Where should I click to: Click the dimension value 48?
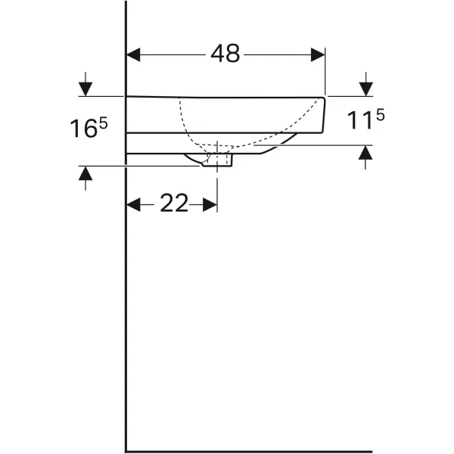click(225, 54)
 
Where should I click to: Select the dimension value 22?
click(173, 204)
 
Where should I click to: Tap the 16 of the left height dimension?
click(83, 129)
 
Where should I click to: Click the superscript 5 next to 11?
click(381, 115)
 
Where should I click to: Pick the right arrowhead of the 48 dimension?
click(317, 54)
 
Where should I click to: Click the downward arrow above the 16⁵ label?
click(86, 86)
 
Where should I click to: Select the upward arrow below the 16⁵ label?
click(86, 177)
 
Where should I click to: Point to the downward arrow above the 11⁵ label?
click(366, 86)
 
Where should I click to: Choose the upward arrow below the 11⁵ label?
click(366, 157)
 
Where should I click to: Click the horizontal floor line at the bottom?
click(250, 452)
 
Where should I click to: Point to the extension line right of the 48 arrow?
click(325, 72)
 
